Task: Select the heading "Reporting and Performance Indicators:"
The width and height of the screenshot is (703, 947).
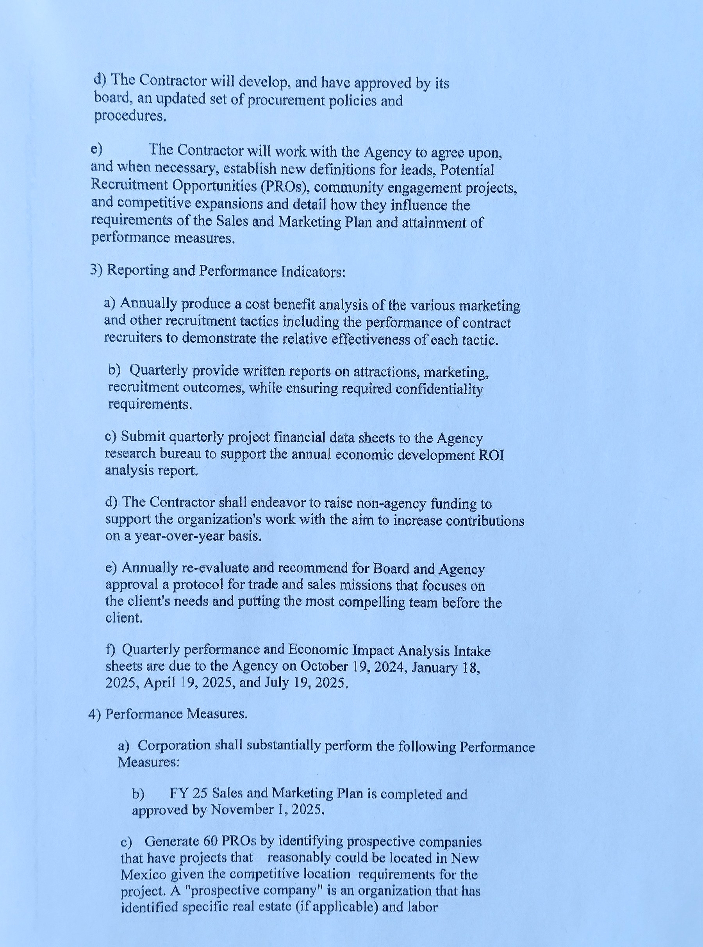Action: [225, 271]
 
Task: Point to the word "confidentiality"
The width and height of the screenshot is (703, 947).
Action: [442, 389]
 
